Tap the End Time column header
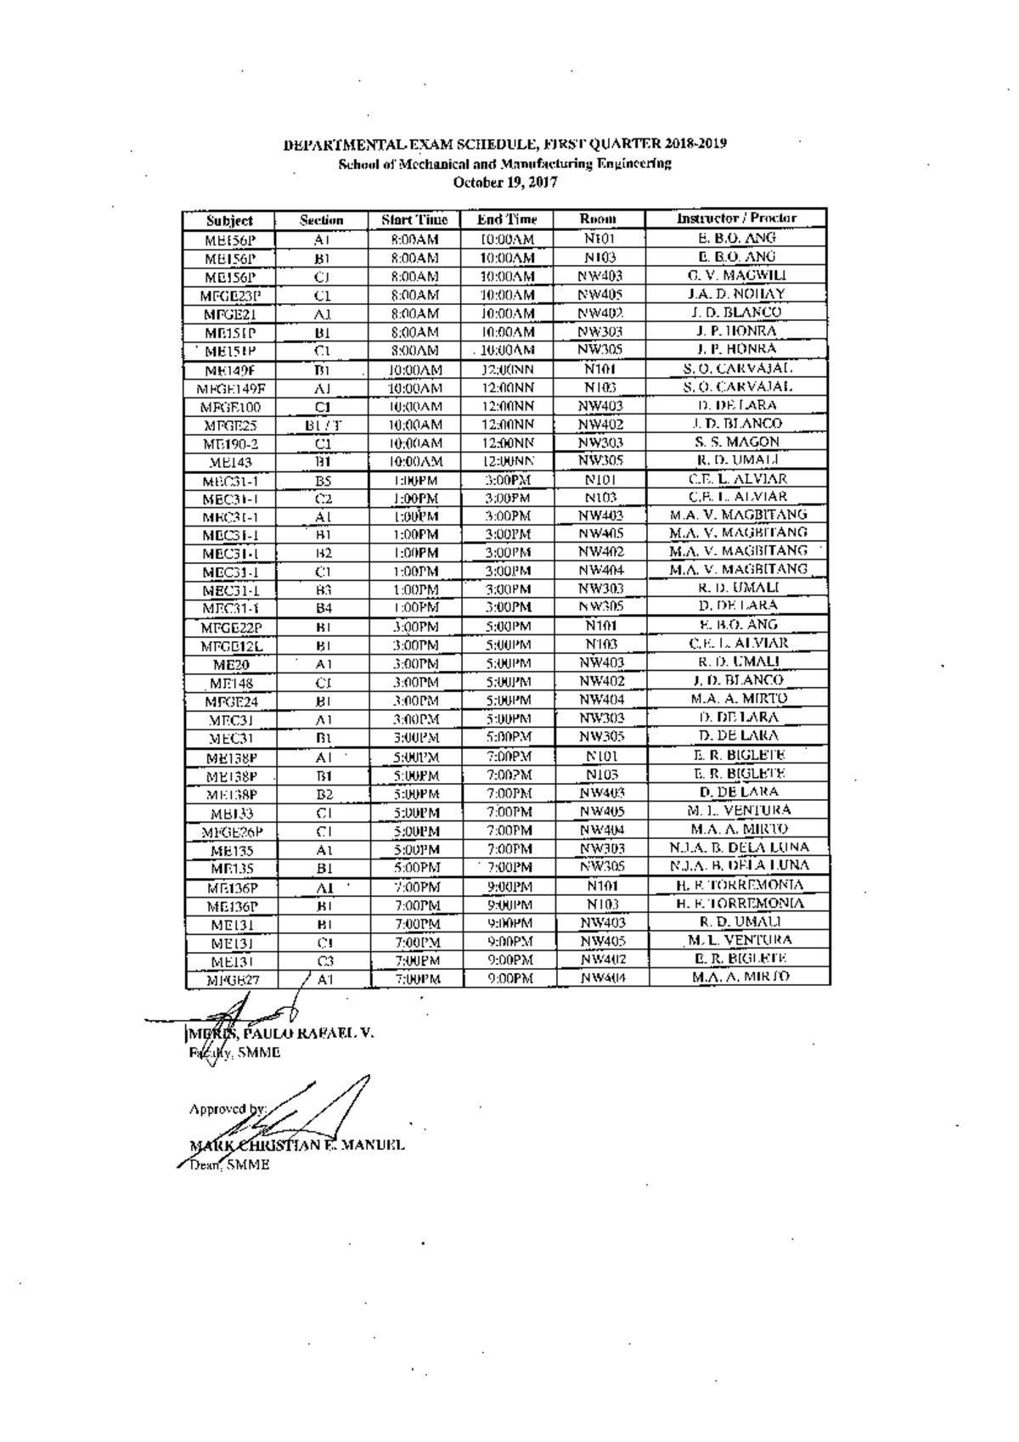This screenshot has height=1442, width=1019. click(x=507, y=220)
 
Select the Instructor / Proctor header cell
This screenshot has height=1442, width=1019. click(x=736, y=218)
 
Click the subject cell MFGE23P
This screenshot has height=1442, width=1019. click(x=230, y=296)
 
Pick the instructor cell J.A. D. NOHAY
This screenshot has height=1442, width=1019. click(x=736, y=294)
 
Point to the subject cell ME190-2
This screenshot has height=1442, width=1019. click(x=230, y=444)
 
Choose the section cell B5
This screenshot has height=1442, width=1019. click(x=323, y=481)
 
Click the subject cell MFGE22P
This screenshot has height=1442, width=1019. click(x=231, y=628)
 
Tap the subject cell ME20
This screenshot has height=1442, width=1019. click(x=231, y=665)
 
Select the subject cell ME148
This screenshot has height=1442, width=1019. click(x=231, y=684)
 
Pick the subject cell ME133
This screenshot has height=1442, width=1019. click(x=231, y=814)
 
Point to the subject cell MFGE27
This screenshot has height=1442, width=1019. click(x=231, y=980)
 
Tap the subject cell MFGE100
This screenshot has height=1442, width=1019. click(x=230, y=408)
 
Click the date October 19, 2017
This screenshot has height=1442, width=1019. click(x=505, y=182)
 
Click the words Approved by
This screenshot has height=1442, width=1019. click(x=228, y=1109)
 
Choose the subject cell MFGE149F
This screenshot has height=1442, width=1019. click(x=230, y=389)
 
